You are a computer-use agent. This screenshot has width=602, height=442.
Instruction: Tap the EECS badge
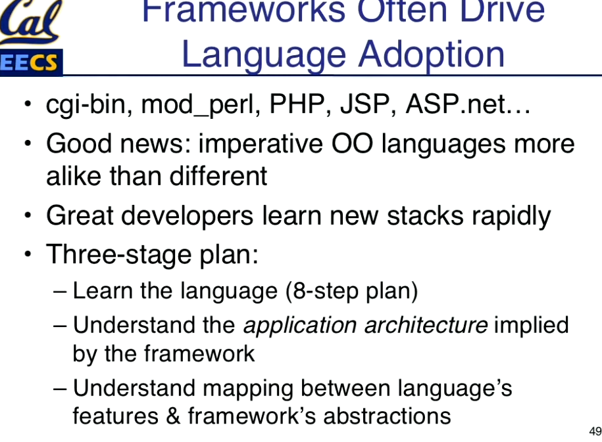[x=31, y=62]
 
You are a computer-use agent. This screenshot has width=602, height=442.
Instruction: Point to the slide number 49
[x=595, y=431]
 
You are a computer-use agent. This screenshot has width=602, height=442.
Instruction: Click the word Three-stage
[x=118, y=255]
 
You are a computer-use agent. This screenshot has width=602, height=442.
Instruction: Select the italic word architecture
[x=426, y=325]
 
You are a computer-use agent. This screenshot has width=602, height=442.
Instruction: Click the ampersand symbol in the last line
[x=173, y=416]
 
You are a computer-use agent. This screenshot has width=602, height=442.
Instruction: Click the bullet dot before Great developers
[x=27, y=215]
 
